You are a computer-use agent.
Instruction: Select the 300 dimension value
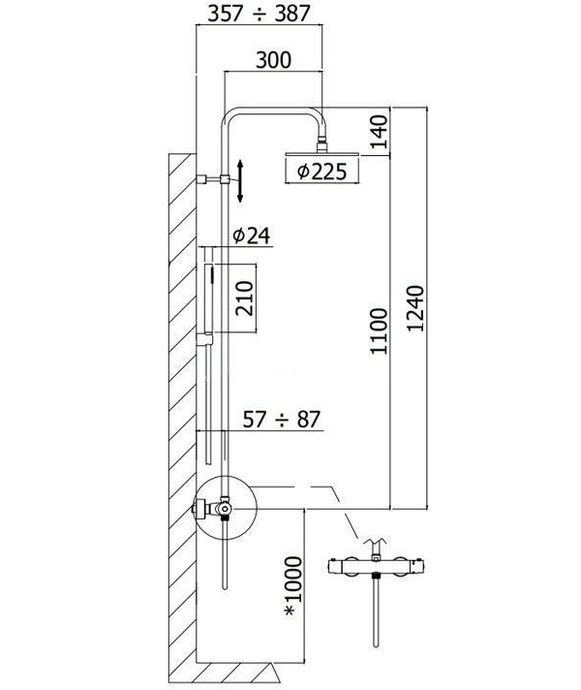[274, 59]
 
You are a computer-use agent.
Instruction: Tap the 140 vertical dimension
[379, 131]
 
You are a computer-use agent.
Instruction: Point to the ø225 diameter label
[322, 172]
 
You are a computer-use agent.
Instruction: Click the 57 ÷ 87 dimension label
[282, 420]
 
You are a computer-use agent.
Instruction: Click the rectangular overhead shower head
[322, 153]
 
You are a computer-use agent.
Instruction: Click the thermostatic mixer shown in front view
[374, 568]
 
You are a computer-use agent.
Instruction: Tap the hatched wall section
[178, 407]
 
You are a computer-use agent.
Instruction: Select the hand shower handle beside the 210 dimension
[205, 291]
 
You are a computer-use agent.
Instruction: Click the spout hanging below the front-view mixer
[374, 620]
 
